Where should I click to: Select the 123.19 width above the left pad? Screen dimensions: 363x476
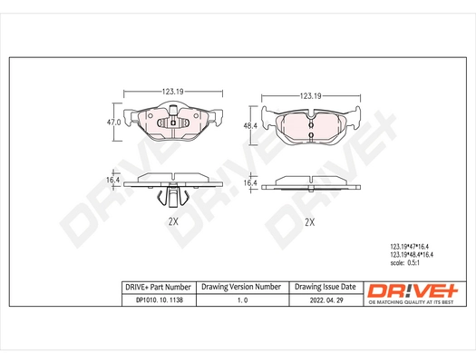pos(173,92)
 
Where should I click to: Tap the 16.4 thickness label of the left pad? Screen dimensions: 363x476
pos(113,181)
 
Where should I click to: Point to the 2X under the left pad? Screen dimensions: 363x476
pos(172,221)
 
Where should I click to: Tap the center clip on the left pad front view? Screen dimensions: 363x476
pos(172,122)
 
